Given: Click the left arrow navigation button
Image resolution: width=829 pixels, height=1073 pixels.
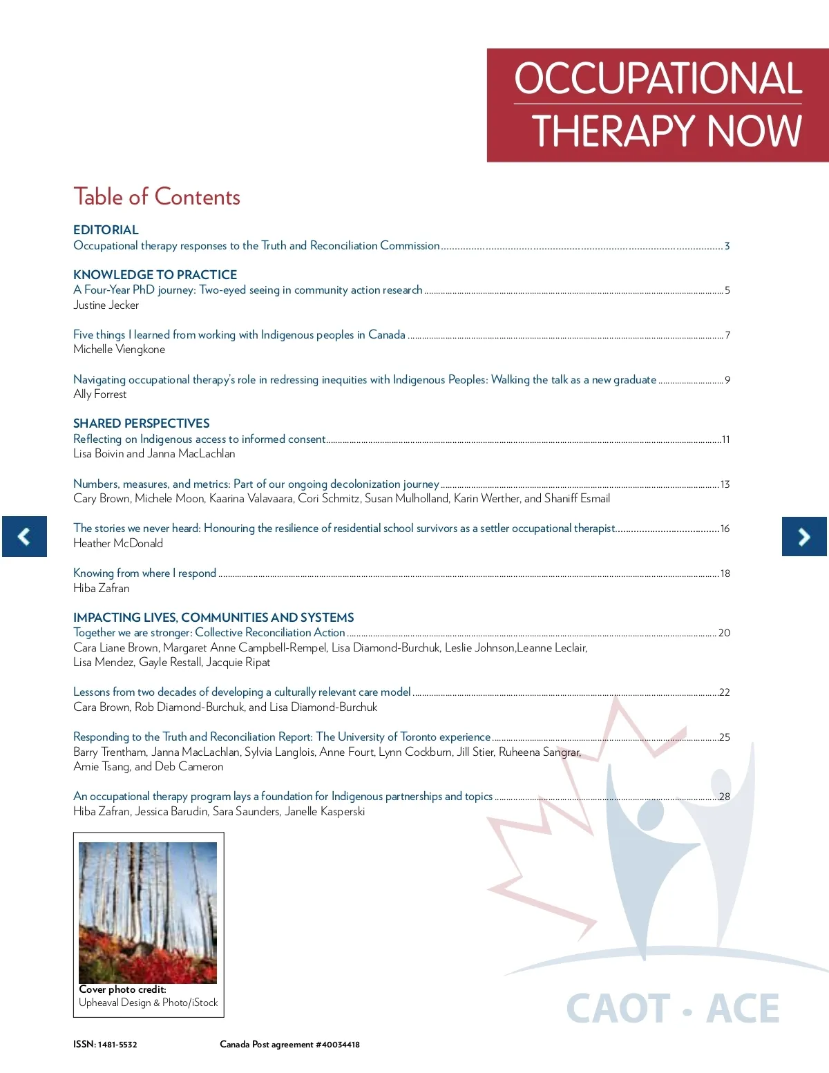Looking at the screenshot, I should pyautogui.click(x=24, y=536).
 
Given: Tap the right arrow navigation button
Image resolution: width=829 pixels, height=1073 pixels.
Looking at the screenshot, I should pyautogui.click(x=804, y=536).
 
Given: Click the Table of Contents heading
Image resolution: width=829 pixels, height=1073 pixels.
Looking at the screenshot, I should pyautogui.click(x=157, y=197).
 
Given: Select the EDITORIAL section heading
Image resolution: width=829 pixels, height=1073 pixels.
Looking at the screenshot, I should pyautogui.click(x=106, y=230).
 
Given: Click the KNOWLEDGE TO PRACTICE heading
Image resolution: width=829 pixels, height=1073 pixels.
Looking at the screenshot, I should pyautogui.click(x=155, y=275).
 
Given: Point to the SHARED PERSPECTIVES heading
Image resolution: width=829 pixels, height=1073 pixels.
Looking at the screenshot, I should pyautogui.click(x=141, y=424).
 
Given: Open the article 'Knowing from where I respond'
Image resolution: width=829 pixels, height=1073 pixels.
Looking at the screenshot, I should pyautogui.click(x=144, y=573).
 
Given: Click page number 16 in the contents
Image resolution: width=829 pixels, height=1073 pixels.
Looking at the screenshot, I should pyautogui.click(x=725, y=529).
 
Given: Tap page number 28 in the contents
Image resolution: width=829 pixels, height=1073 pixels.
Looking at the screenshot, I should pyautogui.click(x=724, y=797).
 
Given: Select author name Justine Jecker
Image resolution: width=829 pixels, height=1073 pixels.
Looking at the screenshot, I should pyautogui.click(x=106, y=305).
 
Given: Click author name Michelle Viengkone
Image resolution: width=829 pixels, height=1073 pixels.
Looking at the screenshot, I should pyautogui.click(x=119, y=350).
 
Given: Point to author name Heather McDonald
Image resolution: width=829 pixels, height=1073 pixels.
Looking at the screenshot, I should pyautogui.click(x=117, y=543).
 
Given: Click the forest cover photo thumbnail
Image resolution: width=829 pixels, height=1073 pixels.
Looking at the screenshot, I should pyautogui.click(x=148, y=912).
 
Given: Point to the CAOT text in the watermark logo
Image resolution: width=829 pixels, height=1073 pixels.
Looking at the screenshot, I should pyautogui.click(x=618, y=1009).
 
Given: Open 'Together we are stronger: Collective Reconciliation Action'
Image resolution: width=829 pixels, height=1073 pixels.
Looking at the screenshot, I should pyautogui.click(x=209, y=632).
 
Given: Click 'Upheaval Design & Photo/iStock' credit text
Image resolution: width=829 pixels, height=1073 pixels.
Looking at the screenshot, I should pyautogui.click(x=148, y=1003).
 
